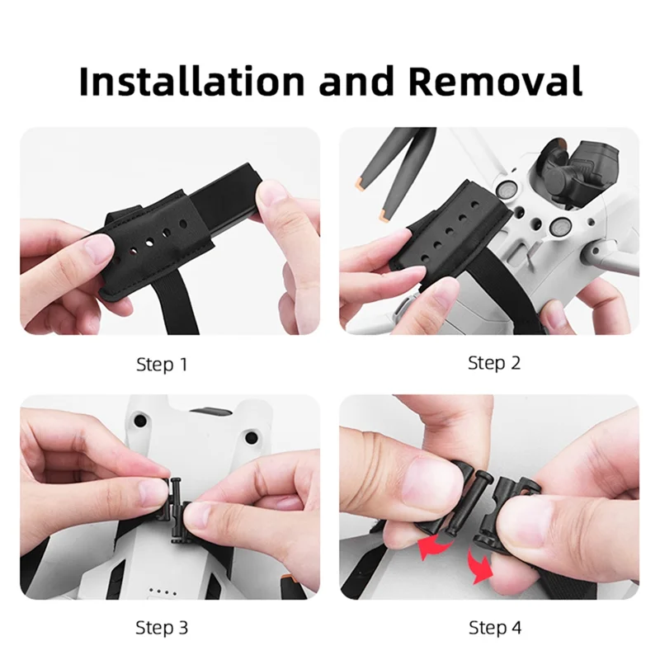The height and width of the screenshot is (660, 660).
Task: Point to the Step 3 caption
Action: (x=161, y=628)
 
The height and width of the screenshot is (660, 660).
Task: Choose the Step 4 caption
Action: (x=495, y=628)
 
